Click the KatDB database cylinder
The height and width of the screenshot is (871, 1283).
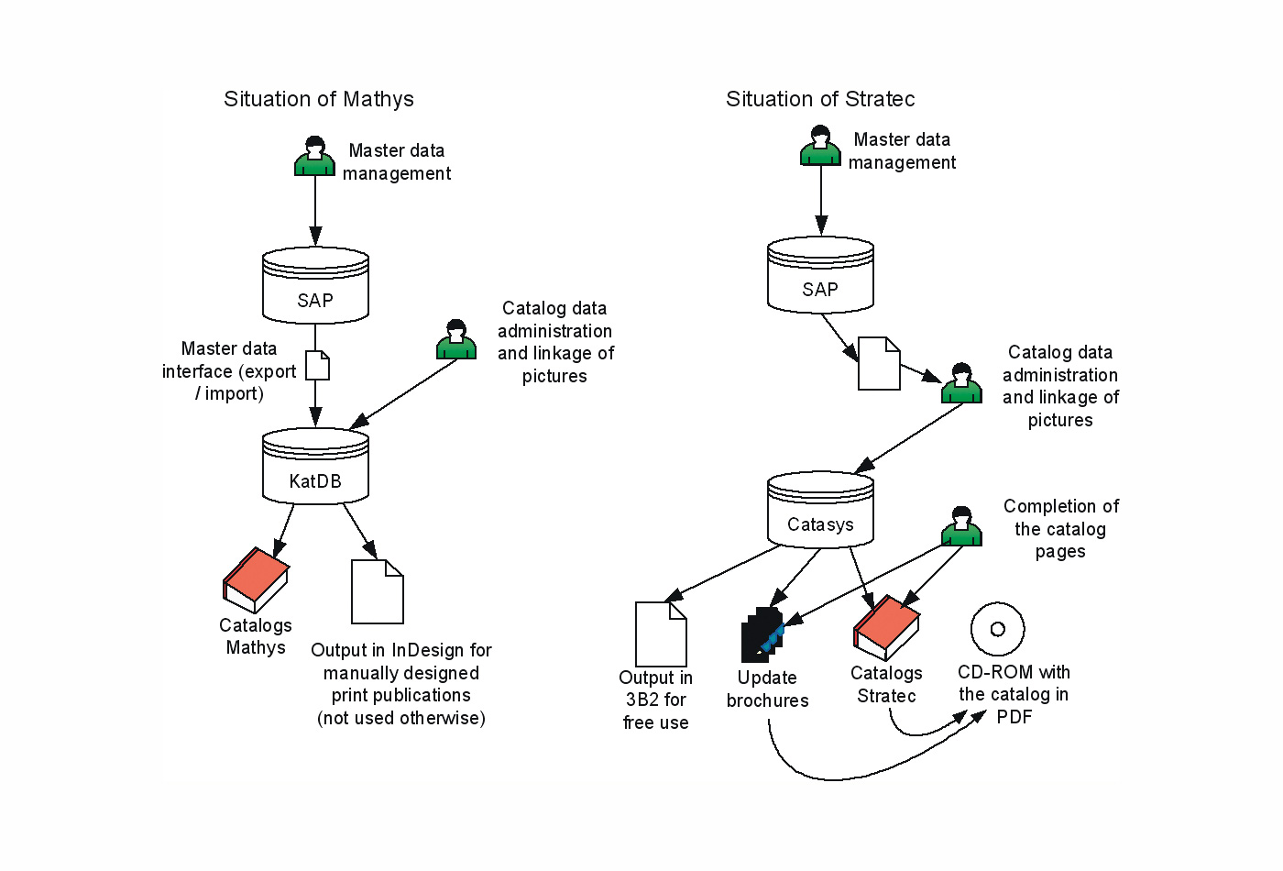[315, 467]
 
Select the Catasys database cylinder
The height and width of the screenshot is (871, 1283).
[820, 510]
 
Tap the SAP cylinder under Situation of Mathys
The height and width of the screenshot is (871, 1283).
[315, 285]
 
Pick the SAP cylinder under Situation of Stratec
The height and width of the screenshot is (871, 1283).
[820, 274]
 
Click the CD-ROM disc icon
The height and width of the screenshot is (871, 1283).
[997, 629]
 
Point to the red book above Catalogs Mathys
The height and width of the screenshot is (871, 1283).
[256, 579]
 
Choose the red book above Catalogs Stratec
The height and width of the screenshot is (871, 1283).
[886, 627]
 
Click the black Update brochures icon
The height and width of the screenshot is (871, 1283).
[762, 634]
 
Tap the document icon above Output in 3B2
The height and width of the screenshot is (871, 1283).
[661, 634]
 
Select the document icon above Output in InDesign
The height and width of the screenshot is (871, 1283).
[378, 591]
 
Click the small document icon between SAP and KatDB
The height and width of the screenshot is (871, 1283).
[317, 365]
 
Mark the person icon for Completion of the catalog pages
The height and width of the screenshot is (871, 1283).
[961, 526]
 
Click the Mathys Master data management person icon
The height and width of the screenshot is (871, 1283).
[314, 157]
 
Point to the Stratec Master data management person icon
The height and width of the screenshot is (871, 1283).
[820, 146]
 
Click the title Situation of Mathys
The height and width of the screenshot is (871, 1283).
[319, 99]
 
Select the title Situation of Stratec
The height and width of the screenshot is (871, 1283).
[820, 99]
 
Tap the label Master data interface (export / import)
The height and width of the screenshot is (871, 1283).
[229, 371]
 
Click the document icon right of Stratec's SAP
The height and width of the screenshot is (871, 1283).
[879, 363]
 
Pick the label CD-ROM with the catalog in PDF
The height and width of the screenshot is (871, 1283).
[1014, 694]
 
